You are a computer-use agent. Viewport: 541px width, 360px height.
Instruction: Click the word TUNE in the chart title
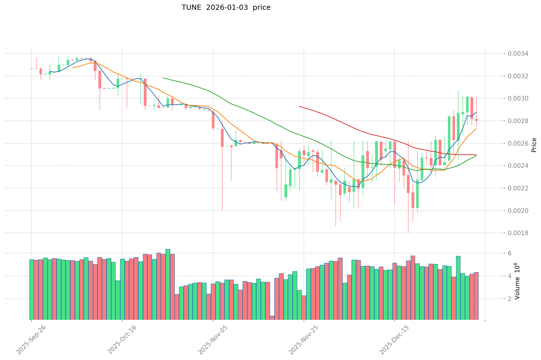tap(191, 8)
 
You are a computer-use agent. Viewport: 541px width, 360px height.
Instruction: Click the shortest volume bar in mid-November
tap(272, 318)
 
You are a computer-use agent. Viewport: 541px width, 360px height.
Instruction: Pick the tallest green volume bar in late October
tap(168, 284)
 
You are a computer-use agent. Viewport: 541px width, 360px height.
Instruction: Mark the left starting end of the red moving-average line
tap(299, 106)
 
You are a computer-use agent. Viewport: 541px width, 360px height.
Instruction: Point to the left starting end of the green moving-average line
tap(163, 78)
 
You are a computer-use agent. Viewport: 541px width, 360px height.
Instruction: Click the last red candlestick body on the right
tap(476, 120)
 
